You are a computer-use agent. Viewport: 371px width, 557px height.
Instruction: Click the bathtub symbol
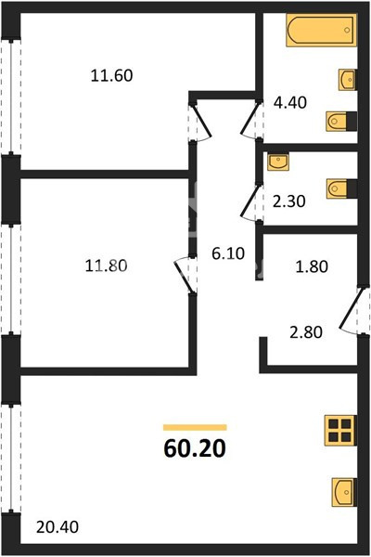click(x=321, y=31)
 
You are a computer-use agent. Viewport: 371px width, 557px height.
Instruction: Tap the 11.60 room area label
click(x=112, y=76)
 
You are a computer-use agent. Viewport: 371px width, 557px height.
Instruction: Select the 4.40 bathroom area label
click(x=290, y=103)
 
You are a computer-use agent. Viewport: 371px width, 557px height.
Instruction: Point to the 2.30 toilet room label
click(x=289, y=201)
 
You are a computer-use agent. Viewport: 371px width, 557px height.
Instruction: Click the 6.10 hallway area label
click(x=228, y=253)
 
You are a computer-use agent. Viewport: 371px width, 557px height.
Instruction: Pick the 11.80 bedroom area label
click(x=106, y=266)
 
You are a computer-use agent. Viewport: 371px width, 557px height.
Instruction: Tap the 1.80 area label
click(x=312, y=266)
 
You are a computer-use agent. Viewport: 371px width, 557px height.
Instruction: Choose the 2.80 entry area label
click(x=306, y=332)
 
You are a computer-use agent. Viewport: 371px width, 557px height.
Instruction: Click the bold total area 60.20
click(x=195, y=448)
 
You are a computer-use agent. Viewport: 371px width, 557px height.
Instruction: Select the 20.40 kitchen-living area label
click(x=58, y=526)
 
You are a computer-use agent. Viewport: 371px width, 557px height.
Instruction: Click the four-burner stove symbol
click(x=340, y=430)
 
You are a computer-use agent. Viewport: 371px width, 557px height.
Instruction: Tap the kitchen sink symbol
click(x=344, y=492)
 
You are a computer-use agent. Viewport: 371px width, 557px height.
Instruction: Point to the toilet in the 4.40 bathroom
click(x=341, y=122)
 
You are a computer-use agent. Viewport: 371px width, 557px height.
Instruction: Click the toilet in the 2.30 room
click(x=341, y=188)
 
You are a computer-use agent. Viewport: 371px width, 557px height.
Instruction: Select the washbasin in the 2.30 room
click(x=278, y=162)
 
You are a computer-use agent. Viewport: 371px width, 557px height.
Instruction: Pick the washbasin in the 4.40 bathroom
click(x=347, y=80)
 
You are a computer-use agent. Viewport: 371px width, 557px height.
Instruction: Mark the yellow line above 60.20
click(x=195, y=427)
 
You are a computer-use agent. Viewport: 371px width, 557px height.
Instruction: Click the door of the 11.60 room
click(x=201, y=122)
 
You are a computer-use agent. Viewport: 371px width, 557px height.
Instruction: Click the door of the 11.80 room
click(x=185, y=275)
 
